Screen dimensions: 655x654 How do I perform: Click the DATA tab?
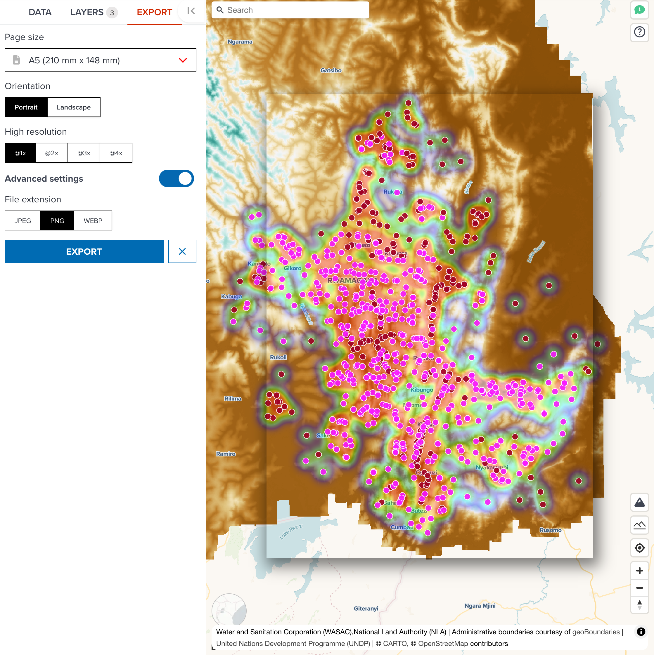[40, 12]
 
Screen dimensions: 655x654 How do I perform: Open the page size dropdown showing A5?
[101, 60]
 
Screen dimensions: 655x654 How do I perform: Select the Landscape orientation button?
[74, 107]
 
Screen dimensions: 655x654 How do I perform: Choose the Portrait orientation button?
[26, 107]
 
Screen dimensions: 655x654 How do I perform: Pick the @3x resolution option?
[84, 153]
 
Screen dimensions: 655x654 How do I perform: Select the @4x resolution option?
[116, 153]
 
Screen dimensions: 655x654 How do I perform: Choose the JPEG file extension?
[23, 221]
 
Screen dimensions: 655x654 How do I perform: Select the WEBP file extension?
[93, 221]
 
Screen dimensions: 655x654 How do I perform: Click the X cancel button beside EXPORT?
[182, 251]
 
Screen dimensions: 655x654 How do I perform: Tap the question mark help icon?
[639, 32]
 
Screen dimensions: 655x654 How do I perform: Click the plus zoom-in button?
[639, 571]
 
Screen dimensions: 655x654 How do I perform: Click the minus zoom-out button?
[639, 588]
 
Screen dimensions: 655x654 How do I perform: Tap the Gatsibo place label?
[331, 70]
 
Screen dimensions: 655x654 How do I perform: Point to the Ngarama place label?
[240, 42]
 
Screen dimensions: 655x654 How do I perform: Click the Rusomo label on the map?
[550, 530]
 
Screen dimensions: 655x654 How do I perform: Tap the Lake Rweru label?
[291, 531]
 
